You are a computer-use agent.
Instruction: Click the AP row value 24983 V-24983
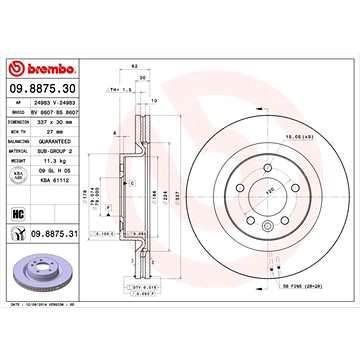(x=54, y=106)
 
